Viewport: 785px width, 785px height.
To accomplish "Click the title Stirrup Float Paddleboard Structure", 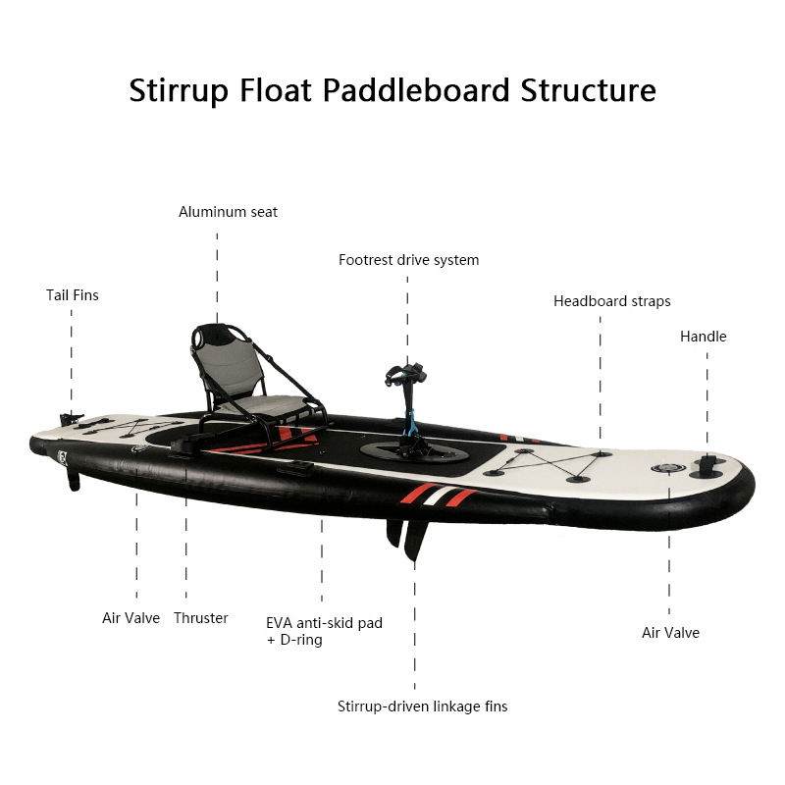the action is [x=392, y=90].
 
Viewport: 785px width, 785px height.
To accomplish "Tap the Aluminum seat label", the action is [x=228, y=212].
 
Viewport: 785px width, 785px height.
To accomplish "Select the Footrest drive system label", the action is [x=408, y=260].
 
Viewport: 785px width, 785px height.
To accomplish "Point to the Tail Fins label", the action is [x=73, y=294].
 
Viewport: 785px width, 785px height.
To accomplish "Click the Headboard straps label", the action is [x=611, y=301].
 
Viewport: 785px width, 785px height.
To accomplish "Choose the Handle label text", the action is [x=704, y=337].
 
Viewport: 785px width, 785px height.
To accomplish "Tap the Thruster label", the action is [x=201, y=618].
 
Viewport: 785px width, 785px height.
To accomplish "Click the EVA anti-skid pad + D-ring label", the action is [x=324, y=631].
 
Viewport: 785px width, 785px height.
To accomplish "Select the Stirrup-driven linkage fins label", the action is [x=422, y=706].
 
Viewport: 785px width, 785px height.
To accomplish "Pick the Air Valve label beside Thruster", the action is [x=131, y=618].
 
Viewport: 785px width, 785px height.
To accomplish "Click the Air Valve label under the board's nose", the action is [x=670, y=633].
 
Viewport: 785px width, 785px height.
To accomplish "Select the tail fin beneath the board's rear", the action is [x=73, y=478].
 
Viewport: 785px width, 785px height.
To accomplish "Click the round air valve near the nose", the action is [x=666, y=468].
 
